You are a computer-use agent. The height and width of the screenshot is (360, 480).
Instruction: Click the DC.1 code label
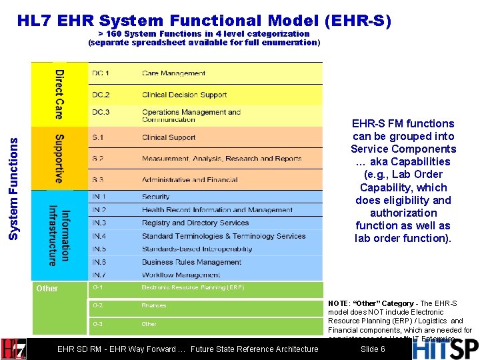pos(101,73)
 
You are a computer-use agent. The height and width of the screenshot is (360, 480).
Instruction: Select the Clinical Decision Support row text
pos(184,95)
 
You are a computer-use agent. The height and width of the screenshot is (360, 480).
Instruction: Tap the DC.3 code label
pos(101,112)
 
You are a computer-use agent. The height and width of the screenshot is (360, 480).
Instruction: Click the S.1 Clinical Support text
pos(169,137)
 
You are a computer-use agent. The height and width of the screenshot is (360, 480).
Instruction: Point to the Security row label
pos(155,197)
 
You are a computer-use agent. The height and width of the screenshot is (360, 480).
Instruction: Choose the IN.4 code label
pos(99,236)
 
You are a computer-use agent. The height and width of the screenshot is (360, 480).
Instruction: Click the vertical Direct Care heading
pos(59,94)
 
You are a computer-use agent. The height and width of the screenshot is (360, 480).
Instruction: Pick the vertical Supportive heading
pos(59,159)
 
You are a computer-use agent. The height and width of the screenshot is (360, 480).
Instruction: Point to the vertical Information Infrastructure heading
pos(59,237)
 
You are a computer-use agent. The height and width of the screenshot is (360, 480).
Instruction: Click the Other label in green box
pos(47,289)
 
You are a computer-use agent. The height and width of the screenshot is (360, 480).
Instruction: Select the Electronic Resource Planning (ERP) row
pos(193,287)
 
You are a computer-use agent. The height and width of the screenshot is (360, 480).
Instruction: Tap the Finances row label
pos(153,305)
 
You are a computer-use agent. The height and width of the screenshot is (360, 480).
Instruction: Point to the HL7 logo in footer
pos(13,349)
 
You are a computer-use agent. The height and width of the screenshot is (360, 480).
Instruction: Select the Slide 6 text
pos(372,349)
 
